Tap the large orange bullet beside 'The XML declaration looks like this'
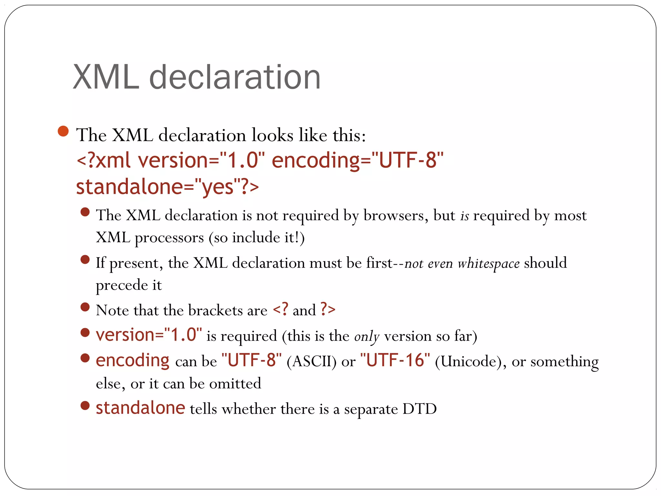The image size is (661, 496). [63, 131]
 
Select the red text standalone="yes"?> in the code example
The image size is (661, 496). [167, 187]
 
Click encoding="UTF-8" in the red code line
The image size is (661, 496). [357, 160]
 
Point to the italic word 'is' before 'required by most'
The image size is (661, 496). [464, 216]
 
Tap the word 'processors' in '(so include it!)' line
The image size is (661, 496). [169, 238]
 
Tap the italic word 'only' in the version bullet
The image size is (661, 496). [366, 336]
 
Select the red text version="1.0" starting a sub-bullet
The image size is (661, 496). [149, 335]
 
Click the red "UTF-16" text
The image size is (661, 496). [395, 360]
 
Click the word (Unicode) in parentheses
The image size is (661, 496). [468, 361]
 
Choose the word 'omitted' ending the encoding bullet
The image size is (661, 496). [235, 384]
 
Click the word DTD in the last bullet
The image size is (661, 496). [419, 409]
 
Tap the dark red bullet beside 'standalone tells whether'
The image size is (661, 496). [85, 406]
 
